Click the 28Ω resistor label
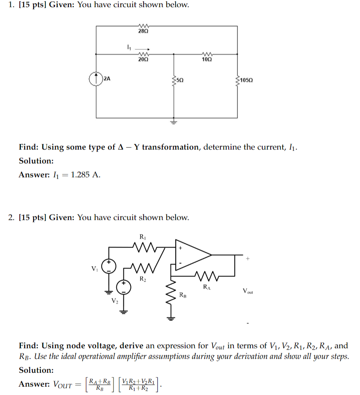[143, 31]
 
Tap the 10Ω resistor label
[207, 59]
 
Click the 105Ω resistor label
[246, 80]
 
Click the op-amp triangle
[192, 256]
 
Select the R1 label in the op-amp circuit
[143, 237]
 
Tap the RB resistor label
[183, 295]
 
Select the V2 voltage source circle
[123, 287]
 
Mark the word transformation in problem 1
[171, 147]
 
